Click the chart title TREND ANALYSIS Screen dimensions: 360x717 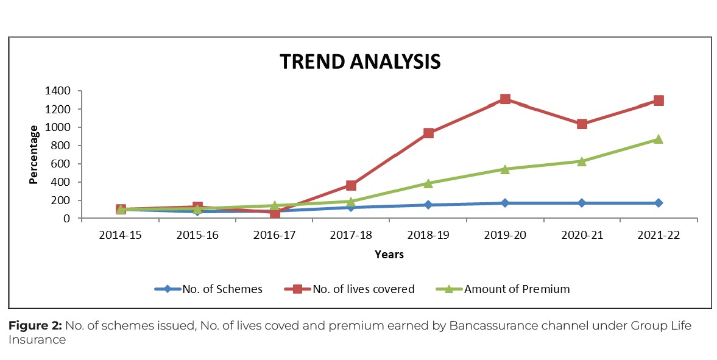point(359,62)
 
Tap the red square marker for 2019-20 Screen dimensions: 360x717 point(505,99)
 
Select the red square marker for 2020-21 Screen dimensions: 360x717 point(582,124)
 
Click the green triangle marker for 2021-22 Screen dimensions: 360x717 point(659,139)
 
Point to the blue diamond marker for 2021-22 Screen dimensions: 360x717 point(659,203)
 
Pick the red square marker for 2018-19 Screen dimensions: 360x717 point(428,133)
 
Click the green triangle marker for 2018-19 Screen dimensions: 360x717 point(428,183)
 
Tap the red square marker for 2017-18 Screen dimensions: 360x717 point(351,185)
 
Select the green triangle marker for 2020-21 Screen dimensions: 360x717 point(582,161)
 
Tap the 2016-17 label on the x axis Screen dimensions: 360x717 point(274,235)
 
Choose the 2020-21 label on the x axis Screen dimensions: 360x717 point(582,235)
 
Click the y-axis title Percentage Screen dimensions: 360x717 point(35,155)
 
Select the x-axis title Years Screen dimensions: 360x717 point(389,255)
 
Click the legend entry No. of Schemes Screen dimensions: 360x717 point(222,289)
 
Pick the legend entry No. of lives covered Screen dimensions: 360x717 point(362,289)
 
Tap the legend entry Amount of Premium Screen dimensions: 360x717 point(517,289)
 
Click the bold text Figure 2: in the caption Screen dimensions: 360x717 point(35,326)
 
